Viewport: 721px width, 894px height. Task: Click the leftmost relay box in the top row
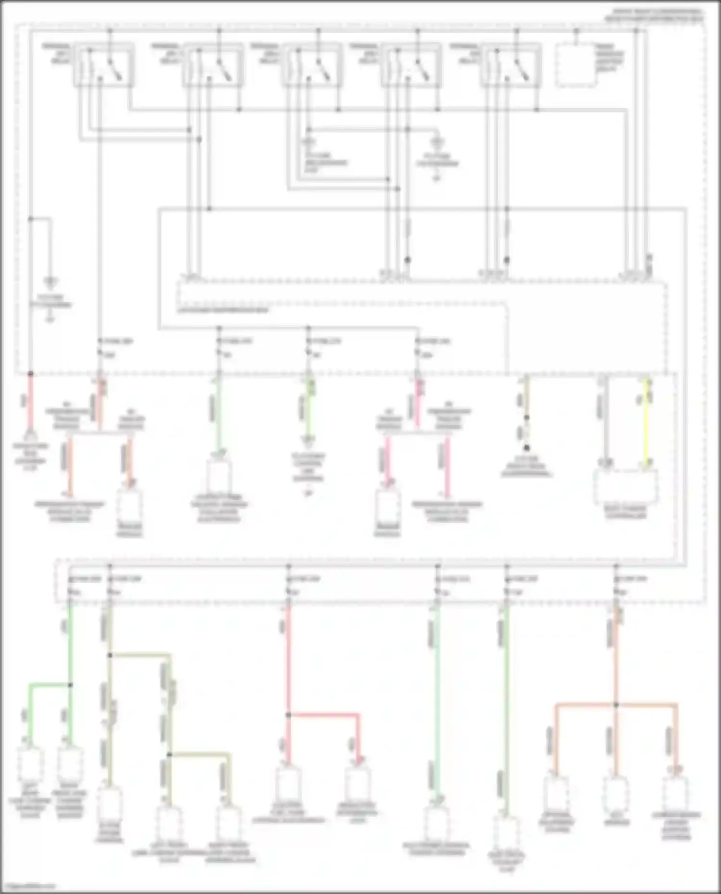[104, 66]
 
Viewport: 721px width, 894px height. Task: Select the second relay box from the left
[213, 66]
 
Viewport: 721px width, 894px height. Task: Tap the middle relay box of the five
[312, 66]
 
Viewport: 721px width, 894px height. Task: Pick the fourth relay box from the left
[411, 66]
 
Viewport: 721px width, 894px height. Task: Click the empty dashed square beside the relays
[576, 66]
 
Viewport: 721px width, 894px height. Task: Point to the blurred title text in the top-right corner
[654, 15]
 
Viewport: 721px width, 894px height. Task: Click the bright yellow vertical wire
[646, 423]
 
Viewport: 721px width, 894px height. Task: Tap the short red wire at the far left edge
[31, 404]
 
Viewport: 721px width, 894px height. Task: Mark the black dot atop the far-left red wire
[31, 374]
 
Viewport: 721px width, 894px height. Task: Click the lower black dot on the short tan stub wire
[527, 448]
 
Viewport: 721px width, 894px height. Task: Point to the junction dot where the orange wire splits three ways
[616, 705]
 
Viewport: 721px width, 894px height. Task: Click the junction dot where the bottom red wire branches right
[288, 715]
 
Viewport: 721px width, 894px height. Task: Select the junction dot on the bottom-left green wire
[70, 685]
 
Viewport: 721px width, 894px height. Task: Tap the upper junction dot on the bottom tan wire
[110, 655]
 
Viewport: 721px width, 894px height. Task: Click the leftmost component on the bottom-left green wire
[30, 764]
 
